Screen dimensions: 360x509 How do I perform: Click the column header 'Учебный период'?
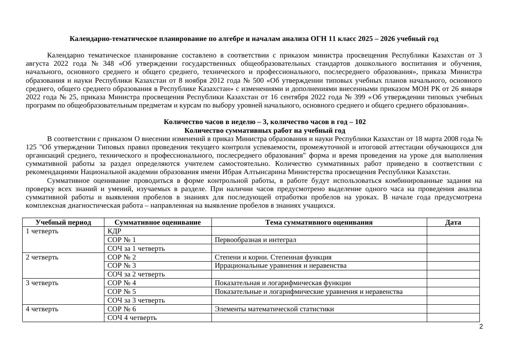pos(63,222)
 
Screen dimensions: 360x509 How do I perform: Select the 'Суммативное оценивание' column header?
pos(157,222)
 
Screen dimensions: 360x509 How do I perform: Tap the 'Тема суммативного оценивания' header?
pos(319,222)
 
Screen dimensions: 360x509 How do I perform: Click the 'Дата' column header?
pos(453,222)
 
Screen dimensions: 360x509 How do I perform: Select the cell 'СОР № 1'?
pos(121,240)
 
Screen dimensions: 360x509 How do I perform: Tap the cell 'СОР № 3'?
pos(121,266)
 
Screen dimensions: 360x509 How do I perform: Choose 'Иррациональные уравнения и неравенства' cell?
pos(281,266)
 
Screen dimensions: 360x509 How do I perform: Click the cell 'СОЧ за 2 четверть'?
pos(136,274)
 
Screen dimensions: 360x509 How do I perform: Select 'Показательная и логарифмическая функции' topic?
pos(283,283)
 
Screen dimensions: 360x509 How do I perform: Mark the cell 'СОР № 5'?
pos(121,292)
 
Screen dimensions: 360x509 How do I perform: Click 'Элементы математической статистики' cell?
pos(275,309)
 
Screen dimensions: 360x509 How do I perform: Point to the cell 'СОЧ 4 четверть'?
pos(132,318)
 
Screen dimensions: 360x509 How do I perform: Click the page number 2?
pos(481,327)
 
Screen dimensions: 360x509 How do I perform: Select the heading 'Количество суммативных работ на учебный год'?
pos(265,131)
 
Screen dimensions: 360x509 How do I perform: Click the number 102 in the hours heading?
pos(360,122)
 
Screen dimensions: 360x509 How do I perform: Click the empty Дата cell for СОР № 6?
pos(453,309)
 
